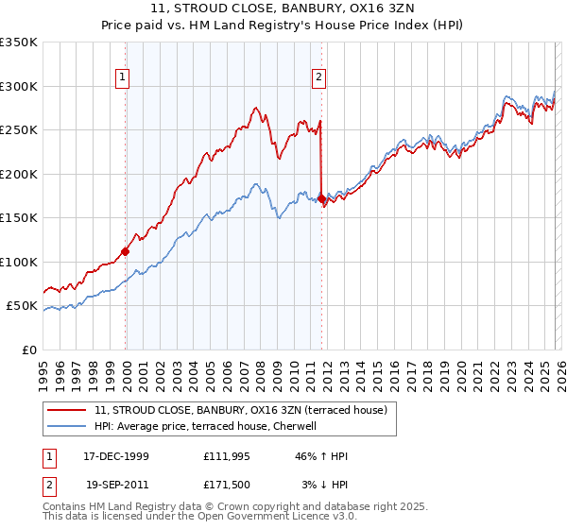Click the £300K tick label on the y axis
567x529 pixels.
coord(19,86)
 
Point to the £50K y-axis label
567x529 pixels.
coord(23,306)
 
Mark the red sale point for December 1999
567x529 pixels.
coord(125,251)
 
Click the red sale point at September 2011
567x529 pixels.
coord(321,199)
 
